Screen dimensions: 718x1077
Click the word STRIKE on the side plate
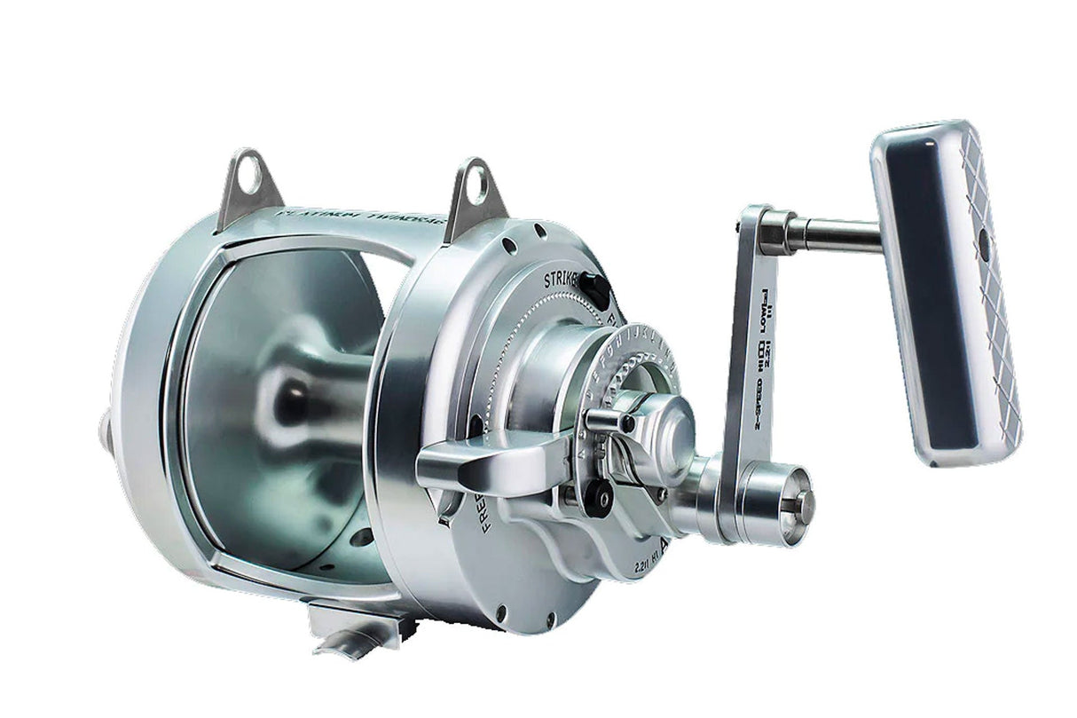coord(562,280)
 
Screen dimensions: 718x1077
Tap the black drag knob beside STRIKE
coord(594,292)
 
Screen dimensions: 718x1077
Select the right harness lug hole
coord(477,187)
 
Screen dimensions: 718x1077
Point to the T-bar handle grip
coord(944,293)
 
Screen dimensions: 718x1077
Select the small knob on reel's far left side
coord(106,431)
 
